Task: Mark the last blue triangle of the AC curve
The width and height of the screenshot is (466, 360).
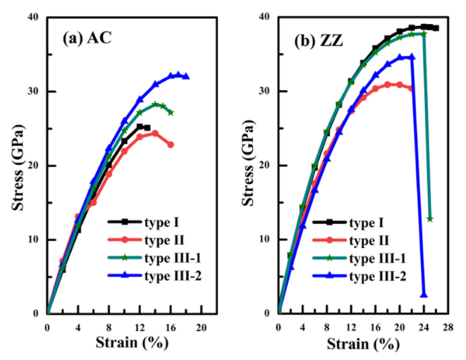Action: [x=186, y=76]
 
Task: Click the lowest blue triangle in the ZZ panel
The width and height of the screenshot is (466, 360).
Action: [x=424, y=294]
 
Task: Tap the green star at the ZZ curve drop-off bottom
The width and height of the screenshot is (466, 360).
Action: [x=429, y=219]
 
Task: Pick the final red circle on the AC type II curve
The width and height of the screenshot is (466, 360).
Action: [x=171, y=144]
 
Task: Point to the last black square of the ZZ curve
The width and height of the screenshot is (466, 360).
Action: [x=436, y=28]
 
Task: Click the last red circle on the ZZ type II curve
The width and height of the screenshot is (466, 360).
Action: [x=412, y=88]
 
